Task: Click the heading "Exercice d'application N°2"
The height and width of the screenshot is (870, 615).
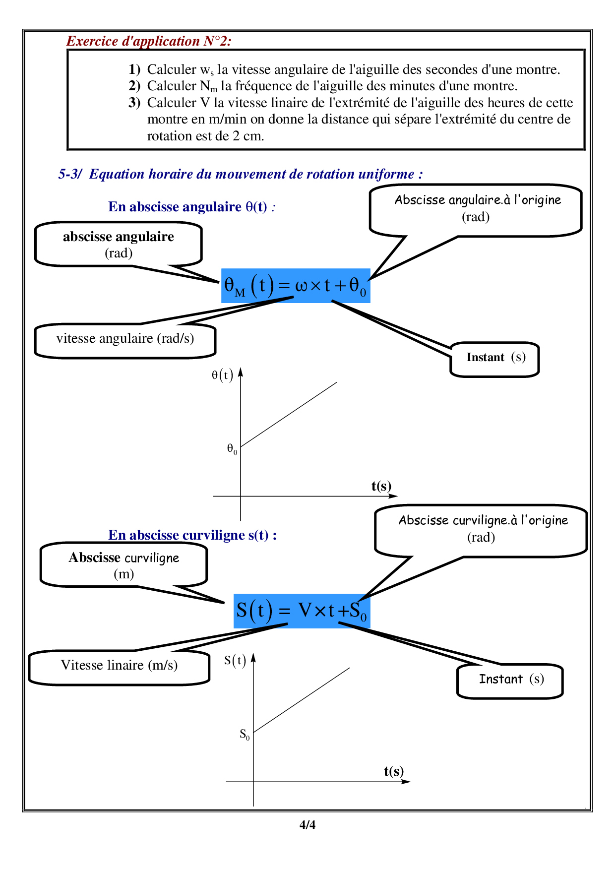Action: [149, 41]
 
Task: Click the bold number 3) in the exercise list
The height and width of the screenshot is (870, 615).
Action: [134, 103]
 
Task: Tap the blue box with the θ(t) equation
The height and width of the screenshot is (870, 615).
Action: [296, 286]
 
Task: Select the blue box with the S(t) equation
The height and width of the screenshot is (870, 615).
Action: [302, 611]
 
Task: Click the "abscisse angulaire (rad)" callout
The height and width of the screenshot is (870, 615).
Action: [119, 244]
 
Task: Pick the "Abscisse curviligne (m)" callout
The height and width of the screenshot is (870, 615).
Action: [123, 565]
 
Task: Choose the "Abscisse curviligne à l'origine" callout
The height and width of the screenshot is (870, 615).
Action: [482, 530]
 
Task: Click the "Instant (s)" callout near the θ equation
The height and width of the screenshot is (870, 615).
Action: [495, 359]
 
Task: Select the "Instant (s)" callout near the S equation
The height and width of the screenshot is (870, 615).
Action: [510, 681]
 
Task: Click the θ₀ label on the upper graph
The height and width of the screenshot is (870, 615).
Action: [232, 449]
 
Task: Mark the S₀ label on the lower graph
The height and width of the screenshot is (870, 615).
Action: [245, 735]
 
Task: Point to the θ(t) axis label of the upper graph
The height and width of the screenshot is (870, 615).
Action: [222, 375]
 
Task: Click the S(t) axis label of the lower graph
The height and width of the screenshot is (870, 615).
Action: [235, 661]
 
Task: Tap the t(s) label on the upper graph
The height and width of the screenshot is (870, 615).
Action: [381, 486]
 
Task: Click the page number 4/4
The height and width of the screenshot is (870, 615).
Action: [307, 825]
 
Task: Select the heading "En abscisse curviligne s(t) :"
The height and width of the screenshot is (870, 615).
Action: [192, 535]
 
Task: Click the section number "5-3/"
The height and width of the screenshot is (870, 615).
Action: [70, 175]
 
